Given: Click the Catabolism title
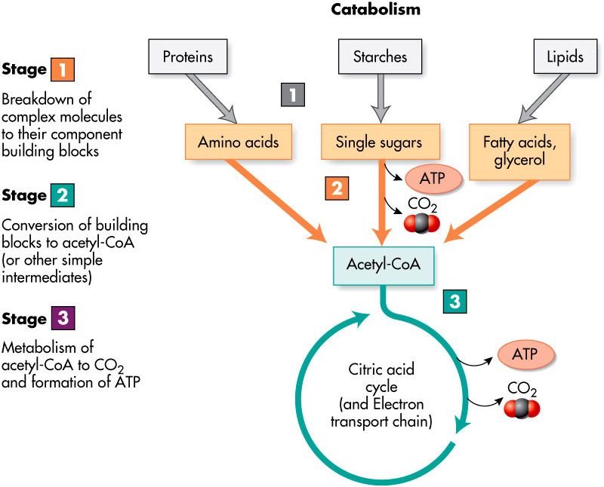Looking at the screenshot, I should [x=376, y=10].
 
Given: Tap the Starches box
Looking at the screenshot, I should [x=380, y=56].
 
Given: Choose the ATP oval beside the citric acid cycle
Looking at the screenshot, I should [x=526, y=352].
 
